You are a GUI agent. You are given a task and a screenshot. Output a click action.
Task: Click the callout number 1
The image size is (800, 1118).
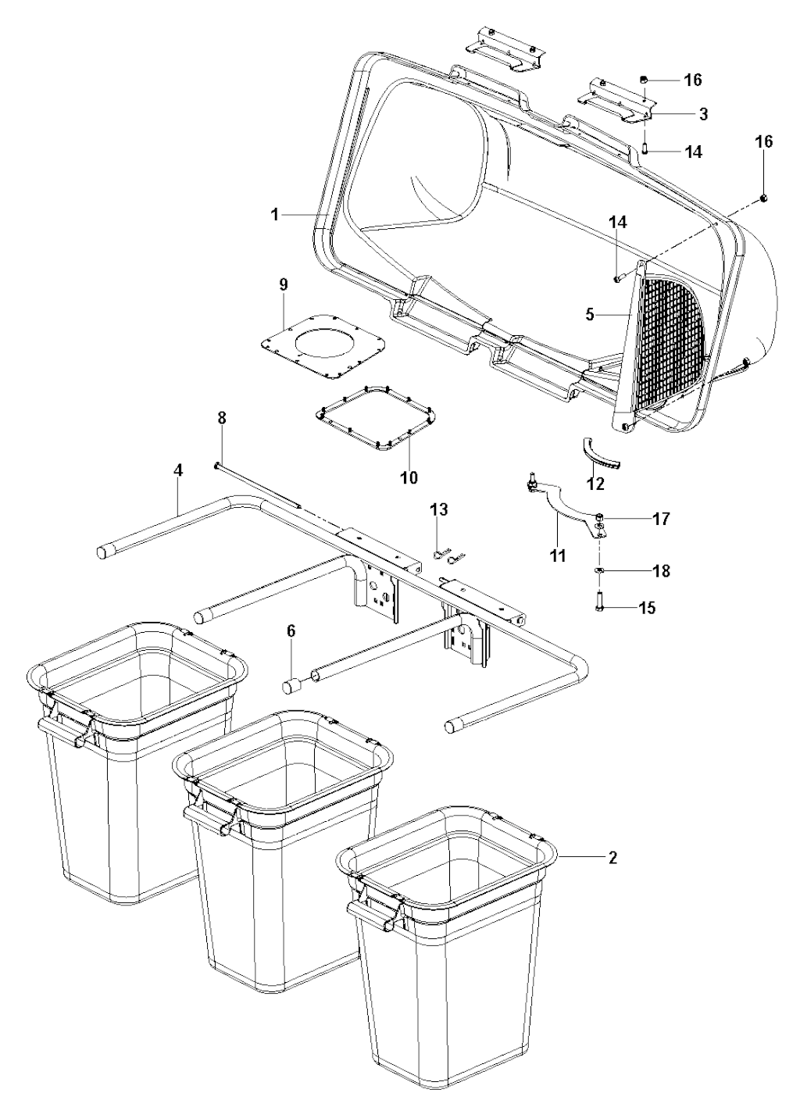point(274,215)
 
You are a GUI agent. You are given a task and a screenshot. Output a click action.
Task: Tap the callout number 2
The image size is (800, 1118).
point(612,858)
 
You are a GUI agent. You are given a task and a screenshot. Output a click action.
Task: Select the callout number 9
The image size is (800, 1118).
point(284,285)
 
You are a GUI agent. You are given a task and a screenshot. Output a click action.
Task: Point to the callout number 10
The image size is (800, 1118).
point(409,477)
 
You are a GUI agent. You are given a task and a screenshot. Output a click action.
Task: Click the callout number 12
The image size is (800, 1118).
point(596,483)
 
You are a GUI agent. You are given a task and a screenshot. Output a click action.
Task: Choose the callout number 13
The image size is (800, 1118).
point(439,509)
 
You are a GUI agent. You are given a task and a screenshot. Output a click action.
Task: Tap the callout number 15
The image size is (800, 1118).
point(647,608)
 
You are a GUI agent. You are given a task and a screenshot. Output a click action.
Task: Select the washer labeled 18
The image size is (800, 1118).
point(600,570)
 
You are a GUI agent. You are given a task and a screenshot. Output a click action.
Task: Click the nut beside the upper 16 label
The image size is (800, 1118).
point(644,80)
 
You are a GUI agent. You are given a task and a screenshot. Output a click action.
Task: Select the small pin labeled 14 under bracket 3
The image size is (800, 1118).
point(645,148)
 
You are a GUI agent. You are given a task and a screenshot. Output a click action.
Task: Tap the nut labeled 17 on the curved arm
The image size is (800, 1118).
point(599,516)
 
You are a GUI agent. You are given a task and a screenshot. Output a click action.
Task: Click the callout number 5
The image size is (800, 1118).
point(590,316)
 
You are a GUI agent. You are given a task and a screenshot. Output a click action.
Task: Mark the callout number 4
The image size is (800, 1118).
point(179,470)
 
